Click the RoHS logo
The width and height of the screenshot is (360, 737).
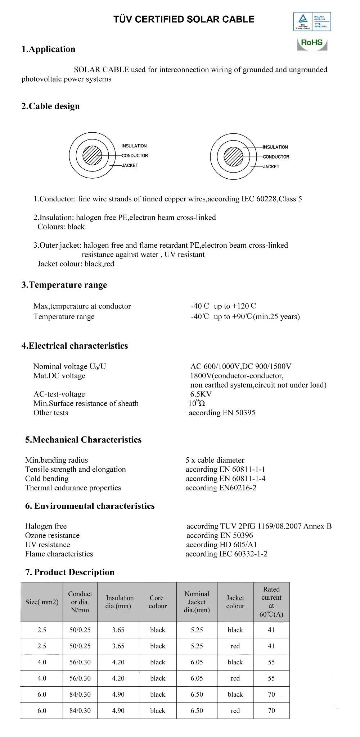(x=312, y=43)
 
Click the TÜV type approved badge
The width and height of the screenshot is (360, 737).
(x=312, y=22)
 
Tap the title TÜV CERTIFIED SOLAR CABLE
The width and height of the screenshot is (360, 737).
(x=184, y=19)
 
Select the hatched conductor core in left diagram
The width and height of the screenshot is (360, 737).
(x=92, y=156)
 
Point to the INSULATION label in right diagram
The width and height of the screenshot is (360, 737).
(x=275, y=147)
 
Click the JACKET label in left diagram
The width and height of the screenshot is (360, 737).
(x=130, y=165)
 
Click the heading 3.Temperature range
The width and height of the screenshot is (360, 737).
(x=64, y=285)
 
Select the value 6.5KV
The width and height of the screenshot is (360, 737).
(x=201, y=394)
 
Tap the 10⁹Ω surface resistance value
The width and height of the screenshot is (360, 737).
(x=197, y=403)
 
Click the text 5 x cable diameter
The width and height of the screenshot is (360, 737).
(x=215, y=460)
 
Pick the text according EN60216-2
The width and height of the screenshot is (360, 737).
(x=221, y=488)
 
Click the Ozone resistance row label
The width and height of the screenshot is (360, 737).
(x=52, y=535)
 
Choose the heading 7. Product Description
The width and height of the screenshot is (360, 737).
(x=69, y=572)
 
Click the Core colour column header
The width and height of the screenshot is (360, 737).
(x=158, y=602)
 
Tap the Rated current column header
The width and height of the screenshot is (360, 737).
(x=271, y=601)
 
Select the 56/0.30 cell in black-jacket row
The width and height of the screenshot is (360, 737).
(x=80, y=662)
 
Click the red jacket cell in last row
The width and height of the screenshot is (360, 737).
(x=235, y=710)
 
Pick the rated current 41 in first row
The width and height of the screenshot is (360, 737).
(x=271, y=630)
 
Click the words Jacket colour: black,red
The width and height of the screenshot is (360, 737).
(x=76, y=264)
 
